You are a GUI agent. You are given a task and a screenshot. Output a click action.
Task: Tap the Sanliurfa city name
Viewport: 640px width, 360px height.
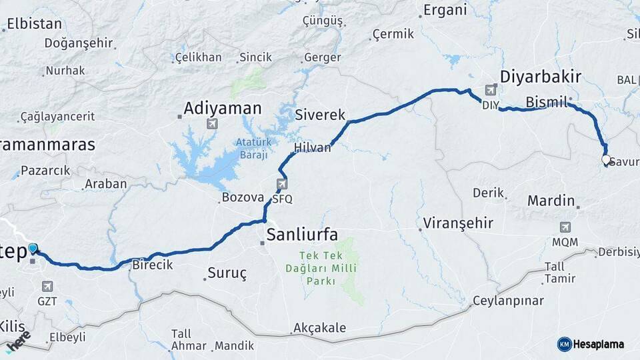(301, 234)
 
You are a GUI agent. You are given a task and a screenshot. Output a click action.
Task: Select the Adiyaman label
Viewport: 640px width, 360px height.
(223, 107)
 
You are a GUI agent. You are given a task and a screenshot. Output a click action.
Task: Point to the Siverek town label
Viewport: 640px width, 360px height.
(320, 115)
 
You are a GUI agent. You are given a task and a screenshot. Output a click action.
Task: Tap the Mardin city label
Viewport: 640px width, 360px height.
(551, 200)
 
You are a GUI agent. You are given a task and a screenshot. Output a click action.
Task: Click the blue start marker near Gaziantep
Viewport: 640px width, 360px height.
(33, 249)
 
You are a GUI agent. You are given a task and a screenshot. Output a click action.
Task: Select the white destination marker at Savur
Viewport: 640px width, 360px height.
(605, 160)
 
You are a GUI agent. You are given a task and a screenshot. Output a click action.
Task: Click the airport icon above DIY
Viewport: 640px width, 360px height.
(491, 89)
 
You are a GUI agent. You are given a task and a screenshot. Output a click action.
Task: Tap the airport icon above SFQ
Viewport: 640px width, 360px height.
(282, 183)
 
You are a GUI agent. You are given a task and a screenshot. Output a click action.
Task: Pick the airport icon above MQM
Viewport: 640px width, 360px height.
(565, 227)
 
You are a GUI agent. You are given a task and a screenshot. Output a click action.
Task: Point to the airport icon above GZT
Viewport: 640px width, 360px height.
(47, 286)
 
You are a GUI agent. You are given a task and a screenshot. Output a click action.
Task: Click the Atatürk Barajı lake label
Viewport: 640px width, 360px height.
(251, 148)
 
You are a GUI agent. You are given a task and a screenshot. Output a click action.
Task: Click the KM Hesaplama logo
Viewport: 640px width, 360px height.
(591, 344)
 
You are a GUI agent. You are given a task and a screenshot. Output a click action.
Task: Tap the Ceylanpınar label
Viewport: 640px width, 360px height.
(508, 301)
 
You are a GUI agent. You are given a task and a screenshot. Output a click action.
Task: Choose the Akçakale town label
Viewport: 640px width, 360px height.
(319, 328)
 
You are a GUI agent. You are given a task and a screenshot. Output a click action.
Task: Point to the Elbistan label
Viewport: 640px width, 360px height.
(34, 24)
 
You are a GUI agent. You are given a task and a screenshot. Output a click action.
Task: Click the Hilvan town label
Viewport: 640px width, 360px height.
(312, 148)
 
